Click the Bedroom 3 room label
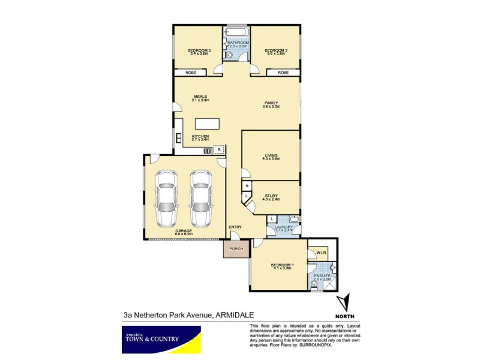pyautogui.click(x=197, y=52)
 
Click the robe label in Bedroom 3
pyautogui.click(x=190, y=72)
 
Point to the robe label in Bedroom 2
pyautogui.click(x=283, y=72)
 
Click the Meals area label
pyautogui.click(x=200, y=98)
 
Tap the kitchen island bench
pyautogui.click(x=206, y=124)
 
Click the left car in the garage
pyautogui.click(x=166, y=197)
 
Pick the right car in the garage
pyautogui.click(x=201, y=197)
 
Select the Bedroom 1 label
pyautogui.click(x=281, y=266)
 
